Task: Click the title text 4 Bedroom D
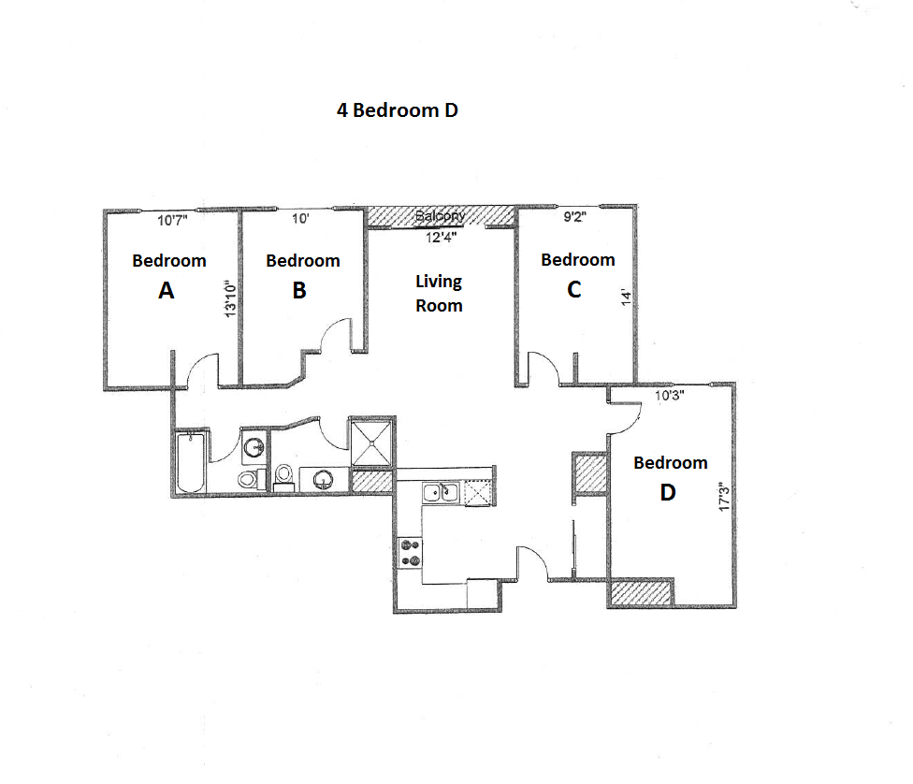click(398, 110)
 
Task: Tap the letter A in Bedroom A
click(166, 291)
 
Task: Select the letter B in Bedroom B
click(299, 291)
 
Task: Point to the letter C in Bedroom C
click(574, 290)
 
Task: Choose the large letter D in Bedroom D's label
click(668, 492)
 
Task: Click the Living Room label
click(439, 293)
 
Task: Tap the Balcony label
click(440, 216)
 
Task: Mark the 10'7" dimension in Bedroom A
click(172, 222)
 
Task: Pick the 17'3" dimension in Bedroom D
click(723, 496)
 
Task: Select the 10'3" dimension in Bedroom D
click(669, 396)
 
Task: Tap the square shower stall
click(371, 442)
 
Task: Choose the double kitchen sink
click(439, 493)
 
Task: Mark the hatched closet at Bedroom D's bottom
click(642, 593)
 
